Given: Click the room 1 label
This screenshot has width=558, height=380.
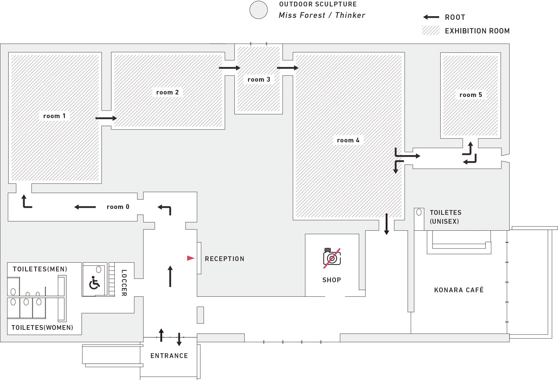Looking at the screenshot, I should [x=54, y=116].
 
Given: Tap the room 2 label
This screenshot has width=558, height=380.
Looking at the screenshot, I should [x=167, y=92].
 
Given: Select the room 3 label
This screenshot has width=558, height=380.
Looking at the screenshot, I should [x=259, y=79].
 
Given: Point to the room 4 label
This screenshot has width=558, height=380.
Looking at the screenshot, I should [x=348, y=140].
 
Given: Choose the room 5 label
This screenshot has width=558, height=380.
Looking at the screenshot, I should [x=471, y=95].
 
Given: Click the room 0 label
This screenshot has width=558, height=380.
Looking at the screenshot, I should [x=118, y=207].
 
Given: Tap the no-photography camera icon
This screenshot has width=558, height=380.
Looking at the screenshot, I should [x=332, y=258].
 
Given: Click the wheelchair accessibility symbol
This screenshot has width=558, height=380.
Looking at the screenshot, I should [x=94, y=283].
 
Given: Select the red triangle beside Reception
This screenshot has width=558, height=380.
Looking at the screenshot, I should [x=191, y=258].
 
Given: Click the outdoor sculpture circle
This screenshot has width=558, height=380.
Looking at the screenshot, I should [x=259, y=10].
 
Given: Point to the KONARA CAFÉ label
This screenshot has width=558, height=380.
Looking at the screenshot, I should [x=459, y=290].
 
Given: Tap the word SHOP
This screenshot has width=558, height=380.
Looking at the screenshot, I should [x=332, y=280].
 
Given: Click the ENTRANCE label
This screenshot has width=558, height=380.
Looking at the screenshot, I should [x=169, y=356].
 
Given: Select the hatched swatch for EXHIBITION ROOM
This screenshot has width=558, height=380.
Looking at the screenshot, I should [x=430, y=30].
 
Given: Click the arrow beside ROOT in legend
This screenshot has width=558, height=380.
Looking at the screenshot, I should [x=431, y=17].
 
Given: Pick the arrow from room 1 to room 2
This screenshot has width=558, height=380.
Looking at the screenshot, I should [x=106, y=118].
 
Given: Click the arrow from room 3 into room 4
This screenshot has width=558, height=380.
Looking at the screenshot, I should [x=287, y=68].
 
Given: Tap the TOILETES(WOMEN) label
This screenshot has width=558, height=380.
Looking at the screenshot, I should [x=42, y=328].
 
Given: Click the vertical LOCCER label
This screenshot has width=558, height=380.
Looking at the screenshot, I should [x=124, y=282].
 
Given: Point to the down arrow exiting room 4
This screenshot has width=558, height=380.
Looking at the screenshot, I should [x=386, y=224].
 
